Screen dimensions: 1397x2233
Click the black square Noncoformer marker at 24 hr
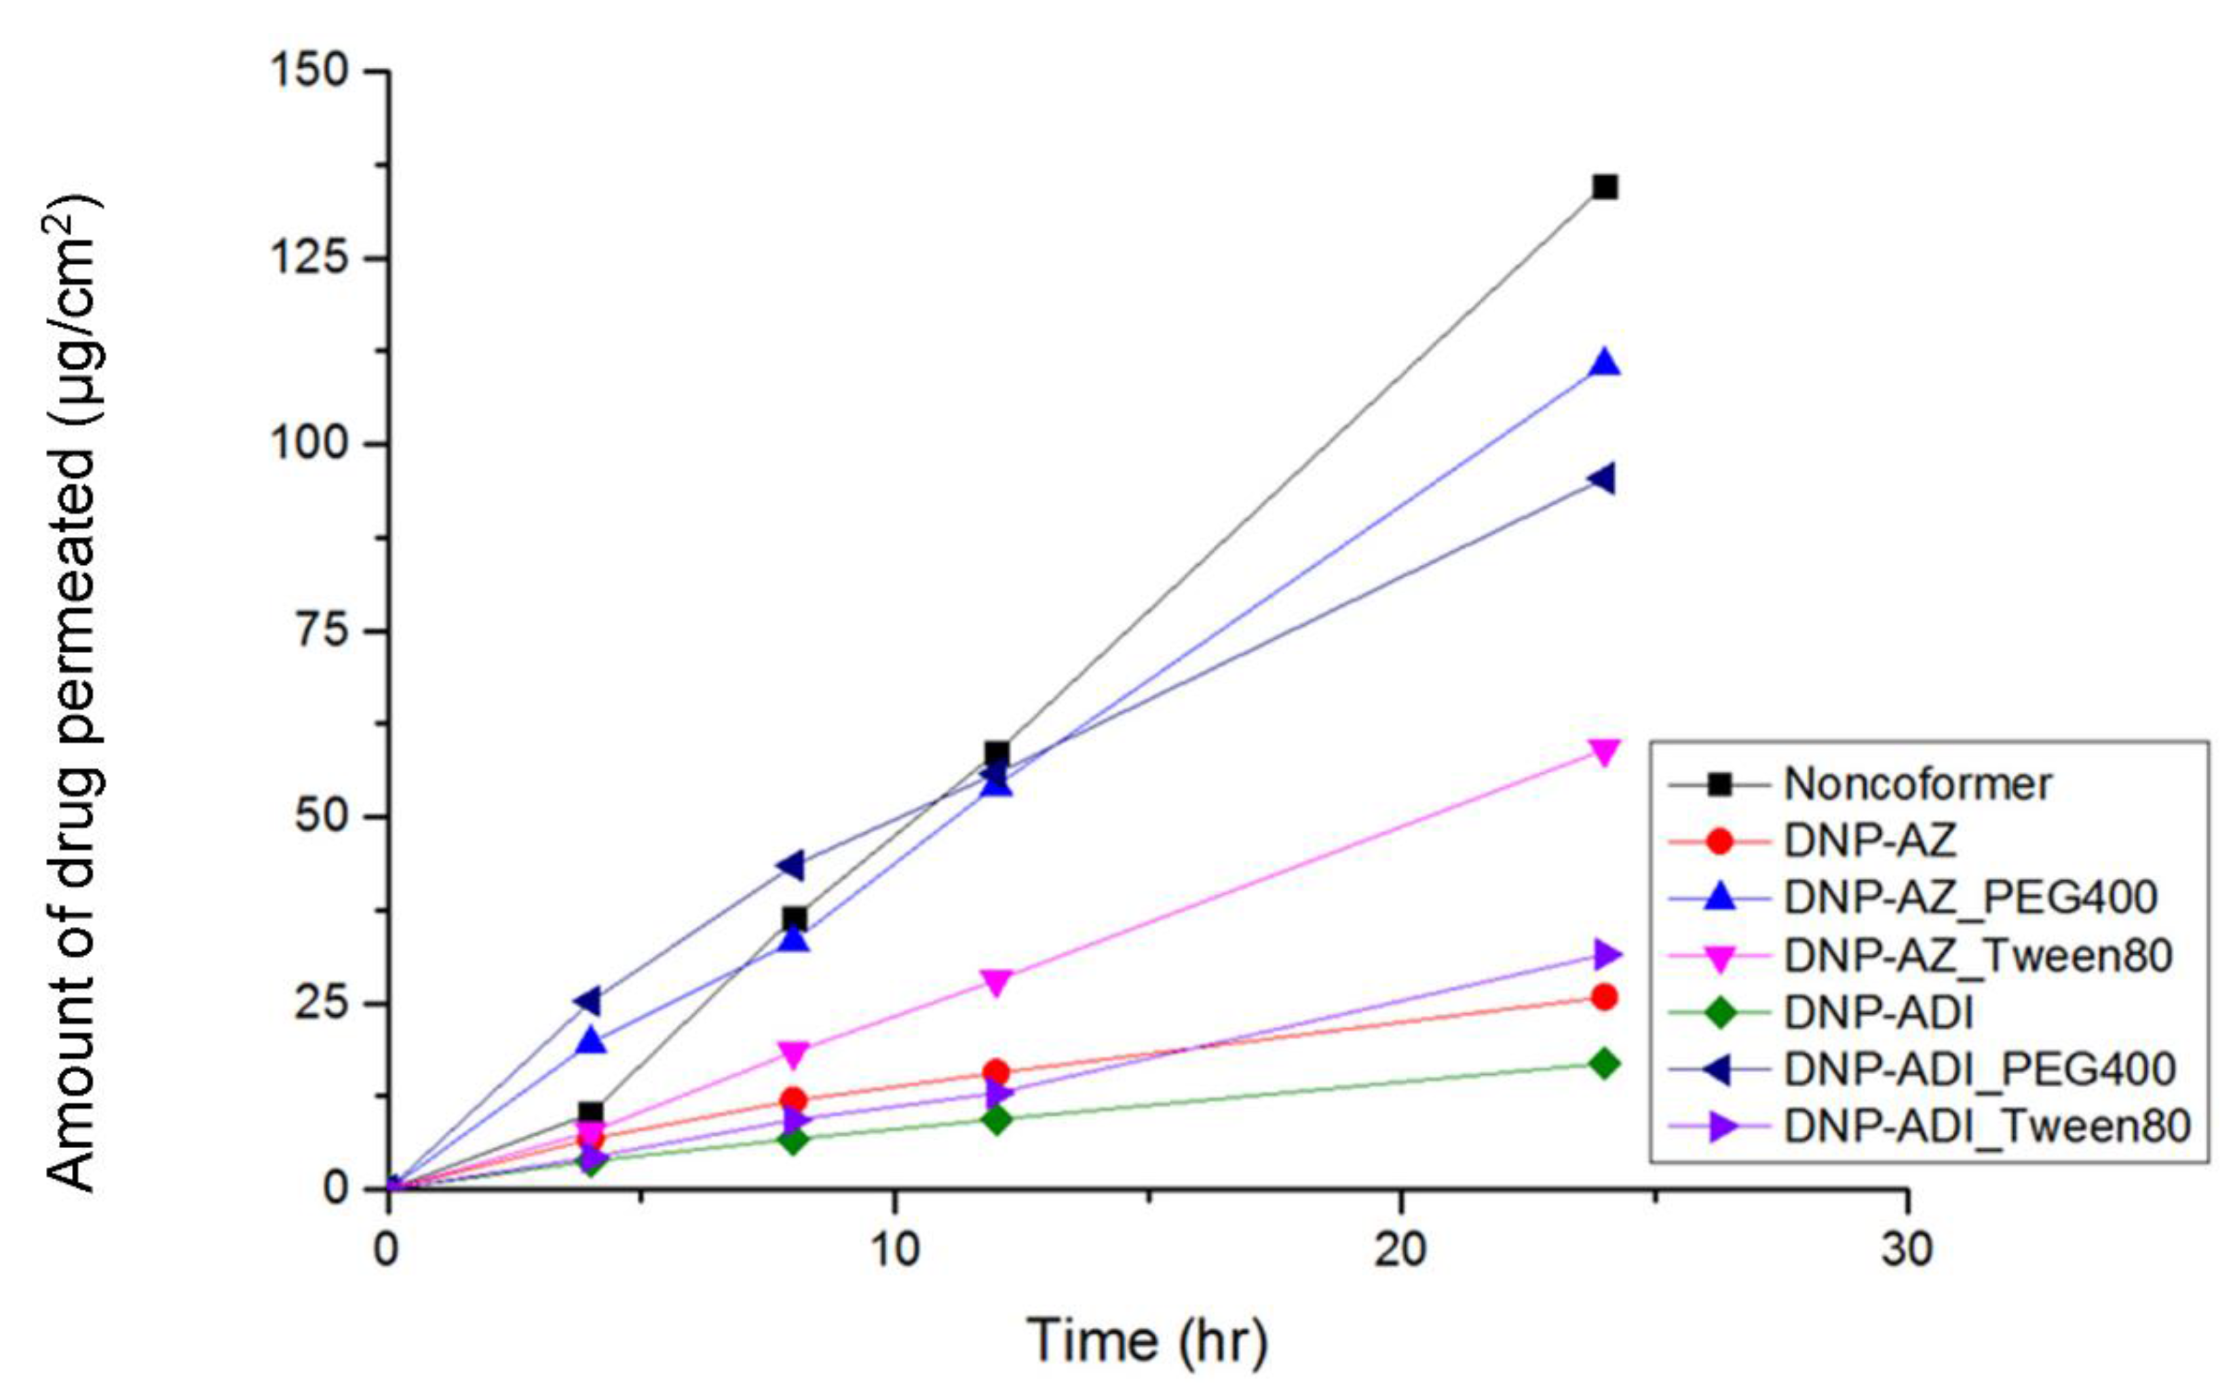1605,188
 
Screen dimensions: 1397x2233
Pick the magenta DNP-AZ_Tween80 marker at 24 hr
1605,751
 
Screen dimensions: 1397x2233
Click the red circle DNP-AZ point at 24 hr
1605,997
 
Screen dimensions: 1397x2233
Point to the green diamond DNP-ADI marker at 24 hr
1605,1063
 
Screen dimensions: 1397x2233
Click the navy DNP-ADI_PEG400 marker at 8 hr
791,866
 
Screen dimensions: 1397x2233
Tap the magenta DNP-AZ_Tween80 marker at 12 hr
996,981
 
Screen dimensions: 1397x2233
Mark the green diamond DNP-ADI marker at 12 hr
996,1120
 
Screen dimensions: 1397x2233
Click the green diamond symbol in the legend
1719,1012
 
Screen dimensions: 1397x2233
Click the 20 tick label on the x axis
1399,1249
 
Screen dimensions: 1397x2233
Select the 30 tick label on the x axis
1907,1249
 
